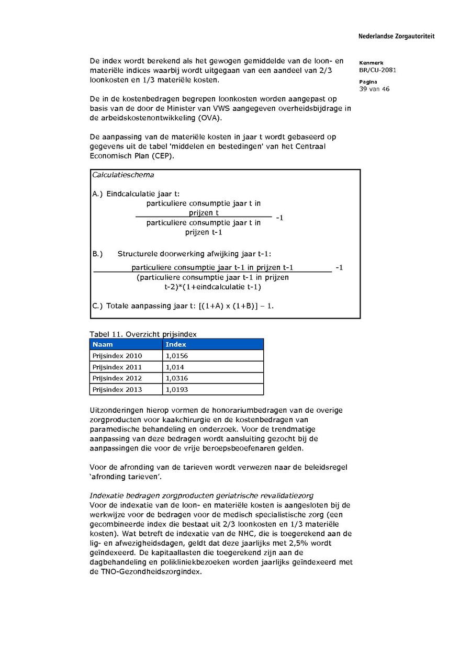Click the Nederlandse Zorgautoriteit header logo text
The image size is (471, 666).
pyautogui.click(x=396, y=37)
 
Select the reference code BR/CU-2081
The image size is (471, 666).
pyautogui.click(x=377, y=70)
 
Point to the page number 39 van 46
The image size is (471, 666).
pyautogui.click(x=374, y=89)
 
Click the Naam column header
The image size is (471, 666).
pyautogui.click(x=103, y=344)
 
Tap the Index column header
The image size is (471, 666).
pyautogui.click(x=176, y=344)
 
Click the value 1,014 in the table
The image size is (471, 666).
pyautogui.click(x=175, y=367)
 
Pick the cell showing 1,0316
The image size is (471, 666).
pyautogui.click(x=176, y=378)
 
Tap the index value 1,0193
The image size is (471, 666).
pyautogui.click(x=176, y=390)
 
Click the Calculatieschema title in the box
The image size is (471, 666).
pyautogui.click(x=123, y=175)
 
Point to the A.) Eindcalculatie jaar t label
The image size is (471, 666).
pyautogui.click(x=136, y=194)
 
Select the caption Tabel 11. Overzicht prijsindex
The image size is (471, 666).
pyautogui.click(x=143, y=334)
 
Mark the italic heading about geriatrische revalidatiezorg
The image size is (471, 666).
pyautogui.click(x=201, y=495)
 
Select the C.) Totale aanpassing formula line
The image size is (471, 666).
pyautogui.click(x=183, y=306)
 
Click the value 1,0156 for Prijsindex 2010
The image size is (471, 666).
pyautogui.click(x=176, y=356)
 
